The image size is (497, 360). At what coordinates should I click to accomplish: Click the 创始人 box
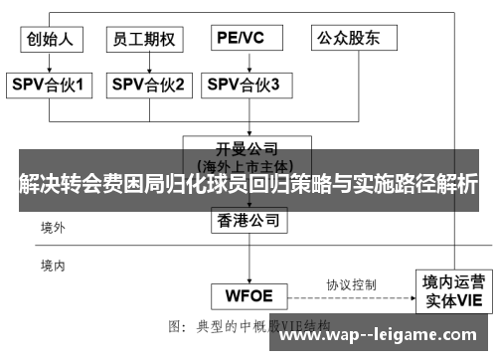[x=52, y=39]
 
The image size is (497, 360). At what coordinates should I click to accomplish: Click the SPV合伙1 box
[x=52, y=86]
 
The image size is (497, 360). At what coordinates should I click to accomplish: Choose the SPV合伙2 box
[x=147, y=86]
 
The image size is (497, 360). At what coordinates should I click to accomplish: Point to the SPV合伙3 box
[x=244, y=86]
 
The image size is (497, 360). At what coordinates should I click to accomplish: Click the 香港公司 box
[x=250, y=220]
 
